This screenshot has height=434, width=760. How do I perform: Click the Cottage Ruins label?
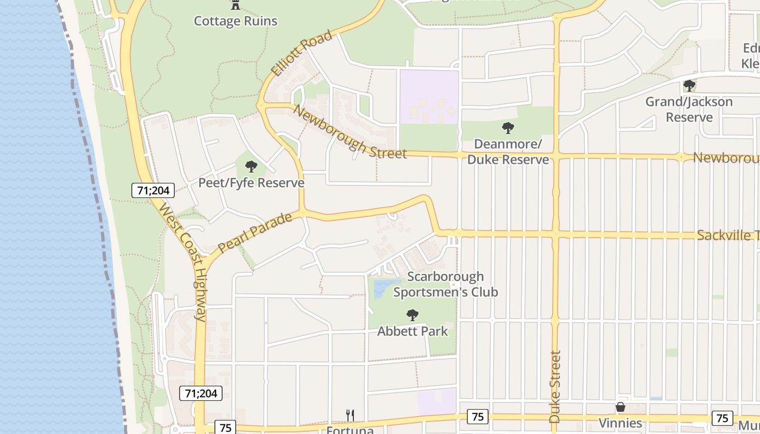point(236,21)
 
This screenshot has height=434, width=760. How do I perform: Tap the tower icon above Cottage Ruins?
point(236,5)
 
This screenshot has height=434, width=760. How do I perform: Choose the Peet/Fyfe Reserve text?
point(251,183)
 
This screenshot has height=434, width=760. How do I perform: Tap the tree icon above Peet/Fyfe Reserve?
point(251,166)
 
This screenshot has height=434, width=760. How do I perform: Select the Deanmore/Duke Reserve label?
point(508,152)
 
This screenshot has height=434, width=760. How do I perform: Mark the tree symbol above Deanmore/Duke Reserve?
point(508,128)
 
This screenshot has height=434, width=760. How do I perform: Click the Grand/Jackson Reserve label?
point(689,109)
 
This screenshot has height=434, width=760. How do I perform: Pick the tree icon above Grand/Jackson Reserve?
point(689,85)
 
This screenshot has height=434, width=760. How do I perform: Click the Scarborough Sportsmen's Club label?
point(445,284)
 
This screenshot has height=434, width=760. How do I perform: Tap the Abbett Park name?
point(413,331)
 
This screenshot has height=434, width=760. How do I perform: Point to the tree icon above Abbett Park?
point(413,315)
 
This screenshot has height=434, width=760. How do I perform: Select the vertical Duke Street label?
point(554,387)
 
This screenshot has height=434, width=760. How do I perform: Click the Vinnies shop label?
point(620,423)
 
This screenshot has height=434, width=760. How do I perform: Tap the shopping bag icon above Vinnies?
point(620,407)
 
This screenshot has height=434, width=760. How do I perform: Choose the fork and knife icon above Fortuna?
point(350,416)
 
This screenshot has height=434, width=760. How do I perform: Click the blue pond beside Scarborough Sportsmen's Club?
point(383,288)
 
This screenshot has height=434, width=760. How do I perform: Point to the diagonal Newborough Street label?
point(350,131)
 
